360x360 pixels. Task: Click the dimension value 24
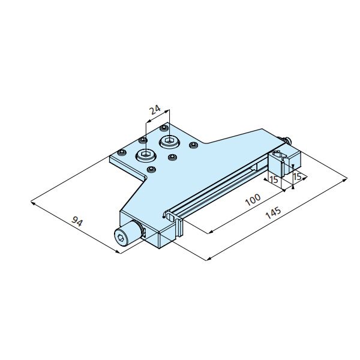(x=155, y=110)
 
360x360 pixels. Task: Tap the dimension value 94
(x=77, y=221)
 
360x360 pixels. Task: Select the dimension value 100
(x=253, y=200)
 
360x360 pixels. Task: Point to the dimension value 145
(x=273, y=213)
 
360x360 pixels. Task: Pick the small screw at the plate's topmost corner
(x=164, y=128)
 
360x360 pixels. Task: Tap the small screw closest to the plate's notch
(x=151, y=169)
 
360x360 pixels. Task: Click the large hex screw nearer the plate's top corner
(x=169, y=142)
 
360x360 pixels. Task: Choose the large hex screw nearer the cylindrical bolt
(x=146, y=155)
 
